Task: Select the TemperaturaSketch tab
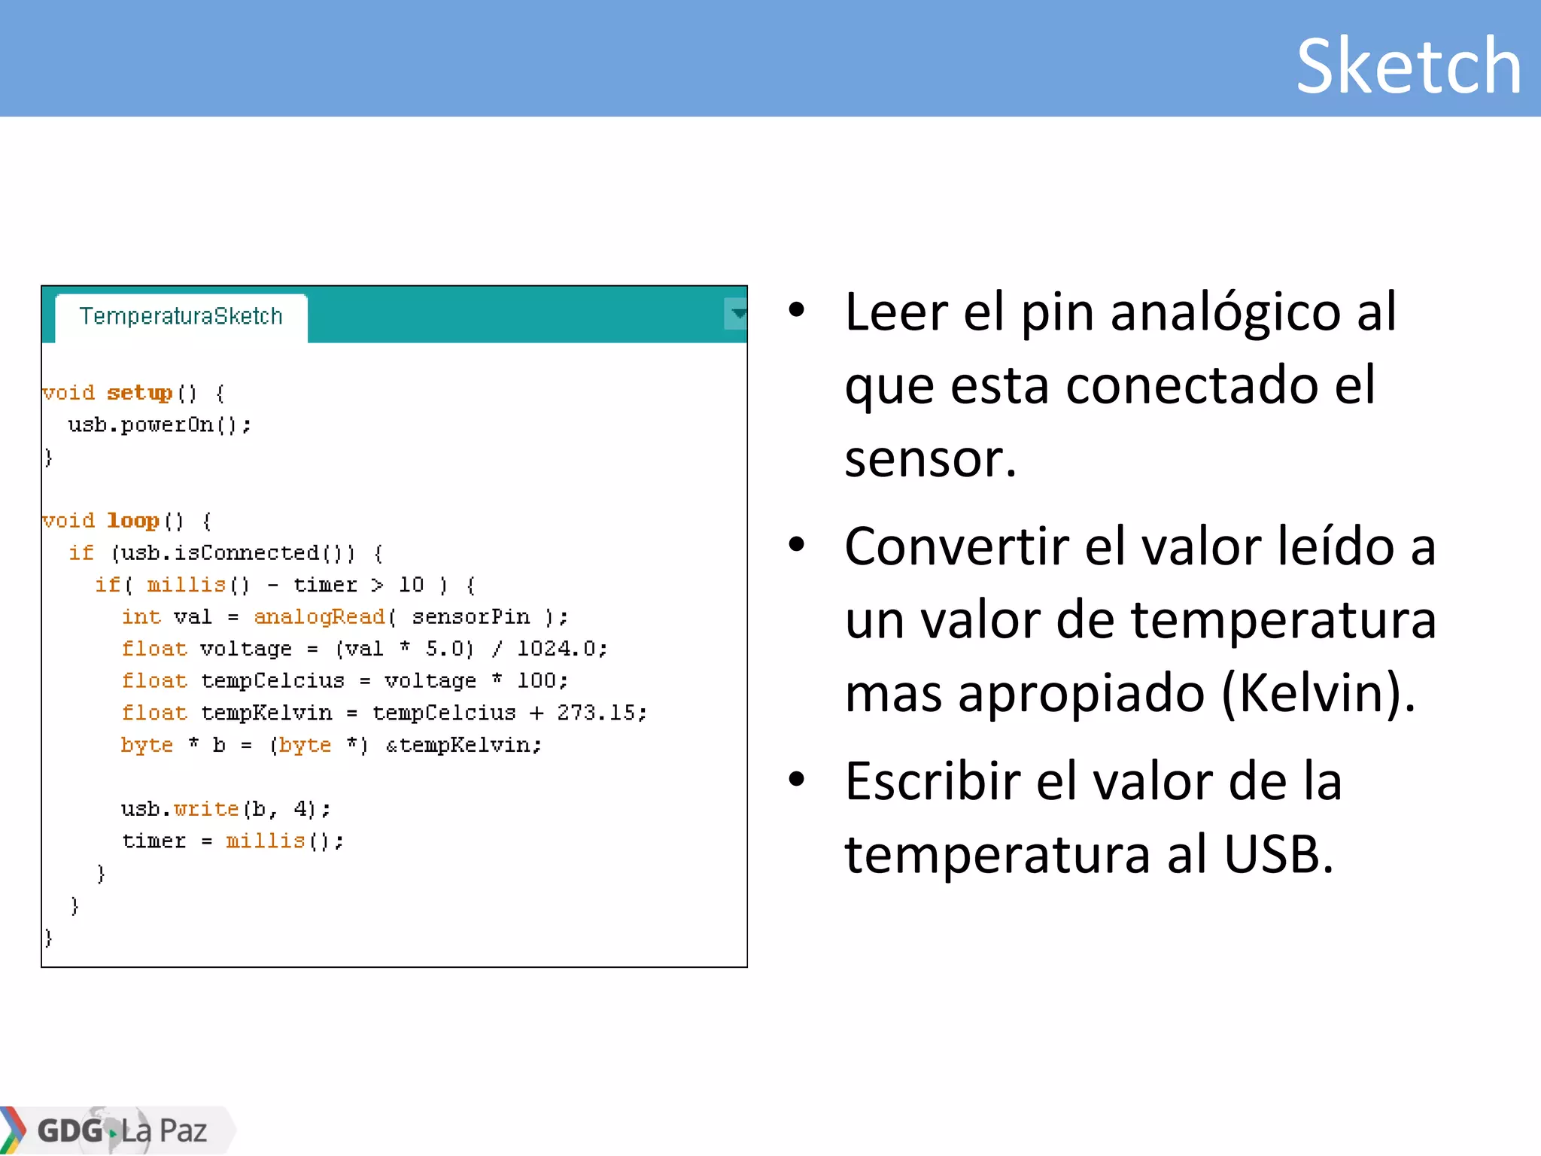[181, 316]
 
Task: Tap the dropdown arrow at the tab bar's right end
[737, 314]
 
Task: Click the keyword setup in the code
[140, 393]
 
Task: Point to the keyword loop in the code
[133, 521]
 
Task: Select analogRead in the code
[319, 617]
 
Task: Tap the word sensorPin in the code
[471, 617]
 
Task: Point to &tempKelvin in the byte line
[463, 745]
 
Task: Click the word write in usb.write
[206, 809]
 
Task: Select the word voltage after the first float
[246, 649]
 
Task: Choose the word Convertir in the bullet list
[956, 546]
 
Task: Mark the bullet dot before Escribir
[797, 780]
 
